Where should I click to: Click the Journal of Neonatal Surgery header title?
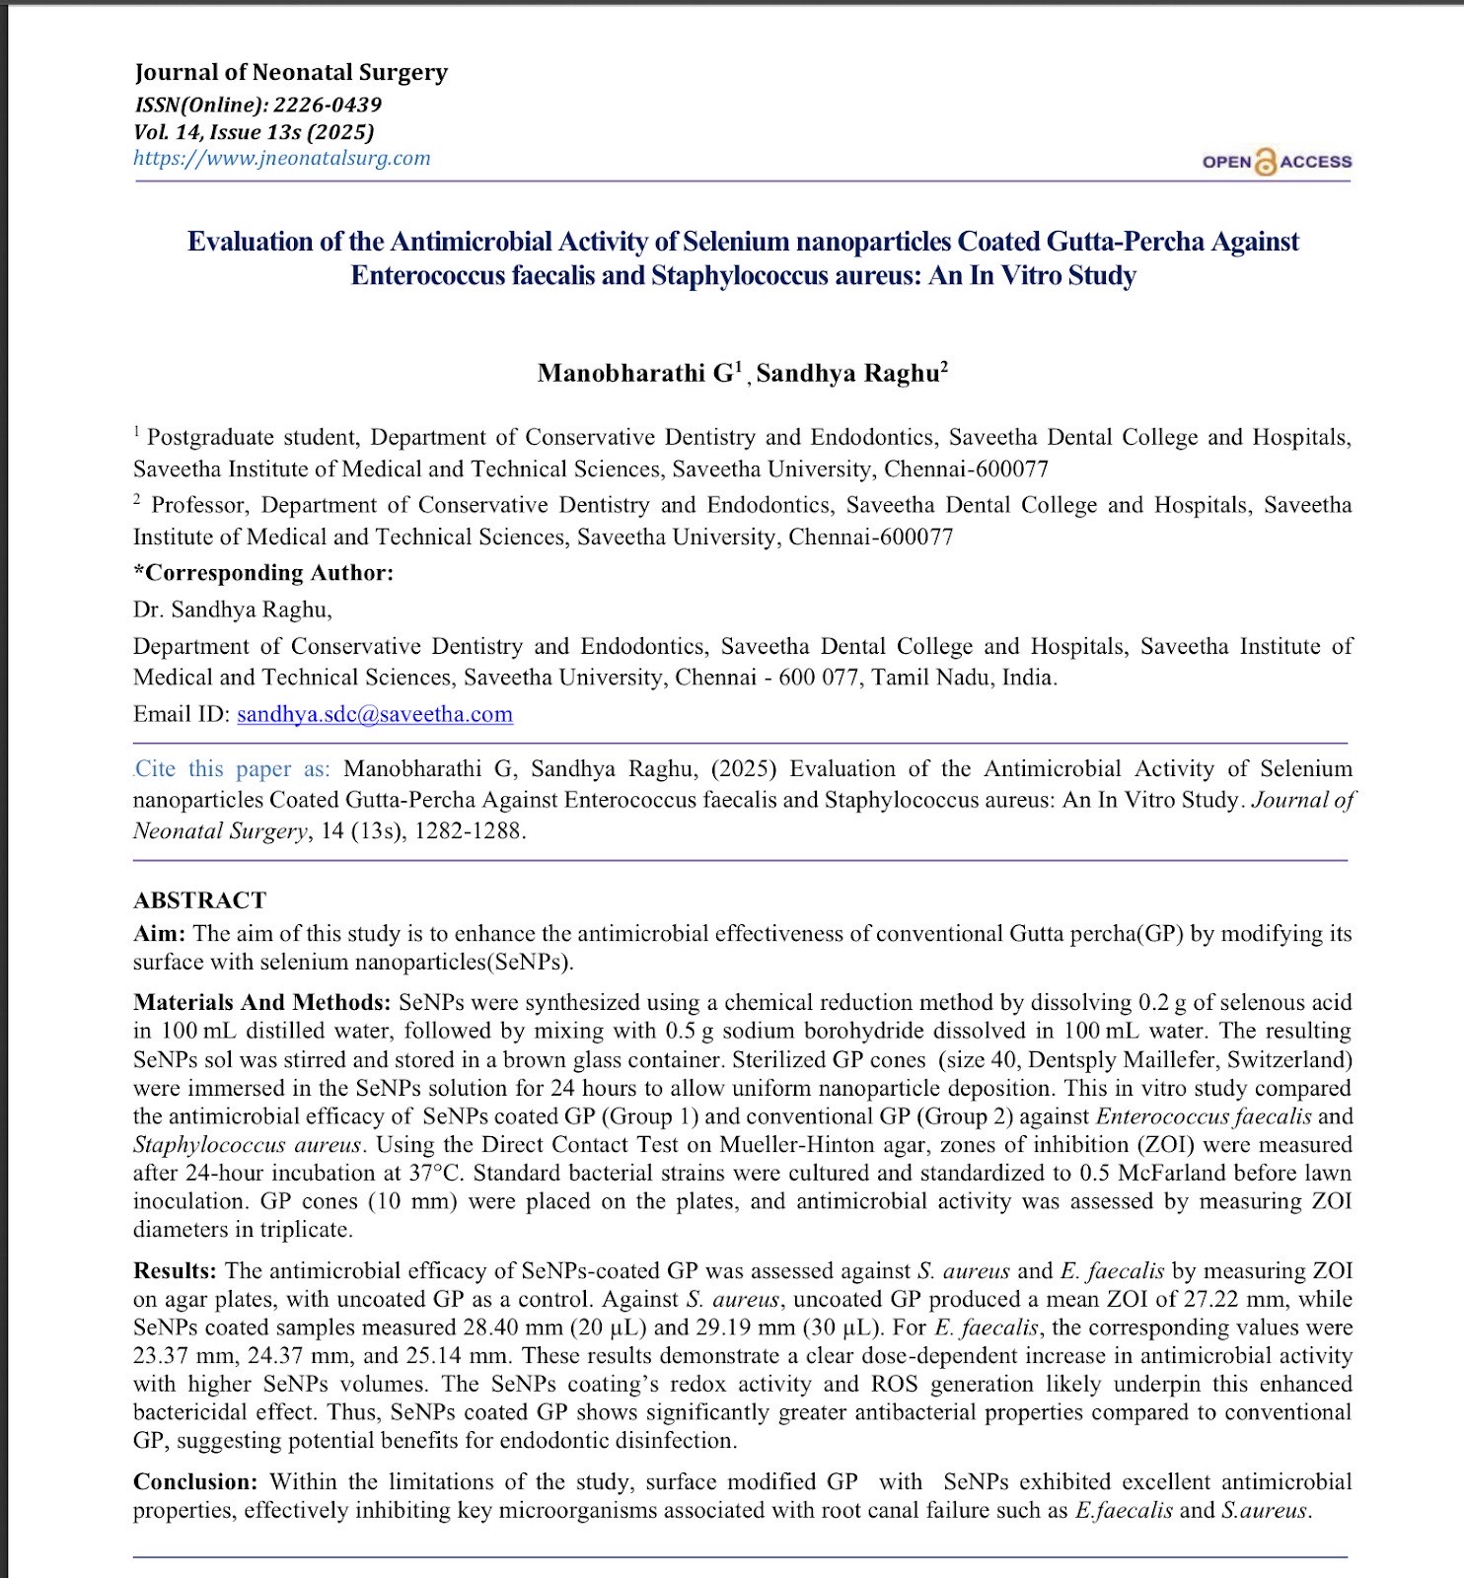tap(291, 72)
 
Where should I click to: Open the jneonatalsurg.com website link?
tap(282, 158)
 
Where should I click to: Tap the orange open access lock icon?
tap(1265, 162)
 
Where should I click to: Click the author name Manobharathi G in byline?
tap(637, 373)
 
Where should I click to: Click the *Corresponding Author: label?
tap(263, 573)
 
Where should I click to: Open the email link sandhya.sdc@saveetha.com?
tap(375, 714)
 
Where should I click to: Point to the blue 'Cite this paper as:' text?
tap(232, 769)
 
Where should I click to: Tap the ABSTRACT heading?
tap(199, 900)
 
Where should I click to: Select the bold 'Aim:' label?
tap(159, 934)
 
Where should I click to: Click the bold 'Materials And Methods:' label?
tap(262, 1003)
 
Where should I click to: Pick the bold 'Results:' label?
tap(175, 1271)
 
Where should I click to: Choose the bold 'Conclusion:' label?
tap(195, 1482)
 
